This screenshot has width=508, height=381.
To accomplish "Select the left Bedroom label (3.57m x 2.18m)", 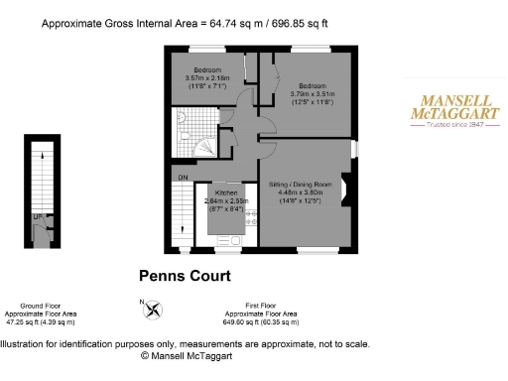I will [x=206, y=70].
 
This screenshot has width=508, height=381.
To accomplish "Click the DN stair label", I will [x=184, y=178].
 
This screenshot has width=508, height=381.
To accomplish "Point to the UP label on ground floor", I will [x=37, y=215].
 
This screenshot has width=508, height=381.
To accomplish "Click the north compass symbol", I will [x=152, y=309].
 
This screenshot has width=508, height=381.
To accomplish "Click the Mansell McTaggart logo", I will [x=454, y=107].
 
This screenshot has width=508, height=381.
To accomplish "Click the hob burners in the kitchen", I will [x=250, y=219].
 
